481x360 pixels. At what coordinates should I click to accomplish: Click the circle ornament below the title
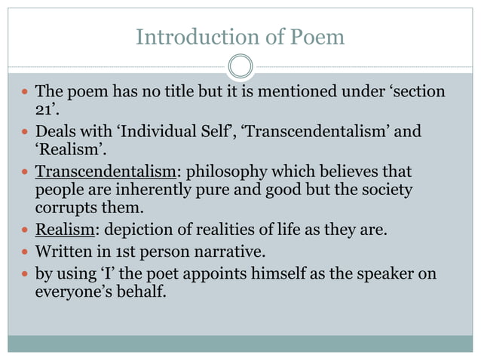point(240,66)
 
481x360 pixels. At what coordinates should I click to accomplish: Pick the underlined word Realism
point(63,229)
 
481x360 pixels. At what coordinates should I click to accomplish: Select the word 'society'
point(382,190)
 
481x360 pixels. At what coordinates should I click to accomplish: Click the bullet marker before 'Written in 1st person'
point(25,249)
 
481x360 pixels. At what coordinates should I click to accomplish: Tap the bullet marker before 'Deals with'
point(25,132)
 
